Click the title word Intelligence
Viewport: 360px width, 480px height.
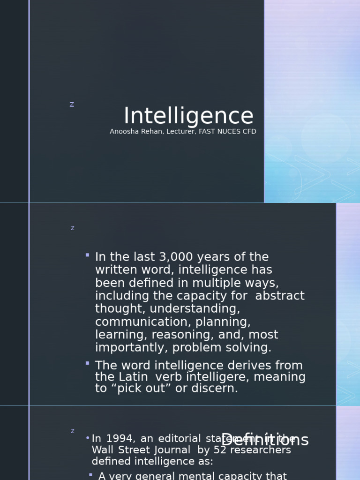pyautogui.click(x=188, y=116)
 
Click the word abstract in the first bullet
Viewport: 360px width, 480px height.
pyautogui.click(x=280, y=296)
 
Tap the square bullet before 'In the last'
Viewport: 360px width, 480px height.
pyautogui.click(x=88, y=255)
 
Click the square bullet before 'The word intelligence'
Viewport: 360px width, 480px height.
pyautogui.click(x=88, y=363)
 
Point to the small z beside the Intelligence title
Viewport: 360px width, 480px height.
pyautogui.click(x=72, y=105)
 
